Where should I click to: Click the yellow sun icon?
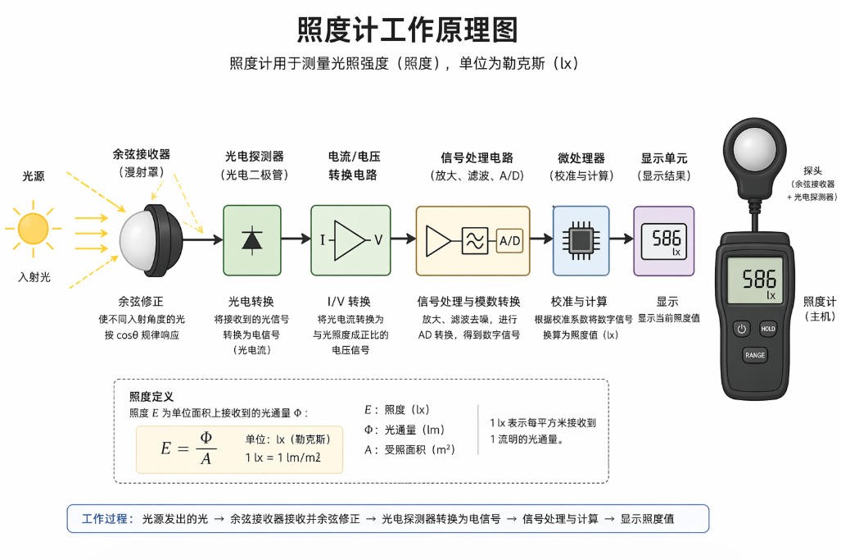click(34, 228)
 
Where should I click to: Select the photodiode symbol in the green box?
click(251, 239)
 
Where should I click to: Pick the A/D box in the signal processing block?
click(509, 240)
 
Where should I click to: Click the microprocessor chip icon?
click(581, 240)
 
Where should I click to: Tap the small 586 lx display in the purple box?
click(664, 240)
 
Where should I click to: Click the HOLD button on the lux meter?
click(767, 329)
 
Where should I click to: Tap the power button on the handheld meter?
click(741, 329)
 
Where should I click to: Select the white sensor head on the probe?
click(754, 153)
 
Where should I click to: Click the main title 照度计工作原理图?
click(407, 30)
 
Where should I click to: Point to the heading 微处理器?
click(581, 157)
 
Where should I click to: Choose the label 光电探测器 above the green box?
click(255, 156)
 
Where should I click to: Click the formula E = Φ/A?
click(186, 448)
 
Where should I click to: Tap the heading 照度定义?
click(151, 397)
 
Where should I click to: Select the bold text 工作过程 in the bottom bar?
click(105, 518)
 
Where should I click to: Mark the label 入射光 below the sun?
click(34, 277)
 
